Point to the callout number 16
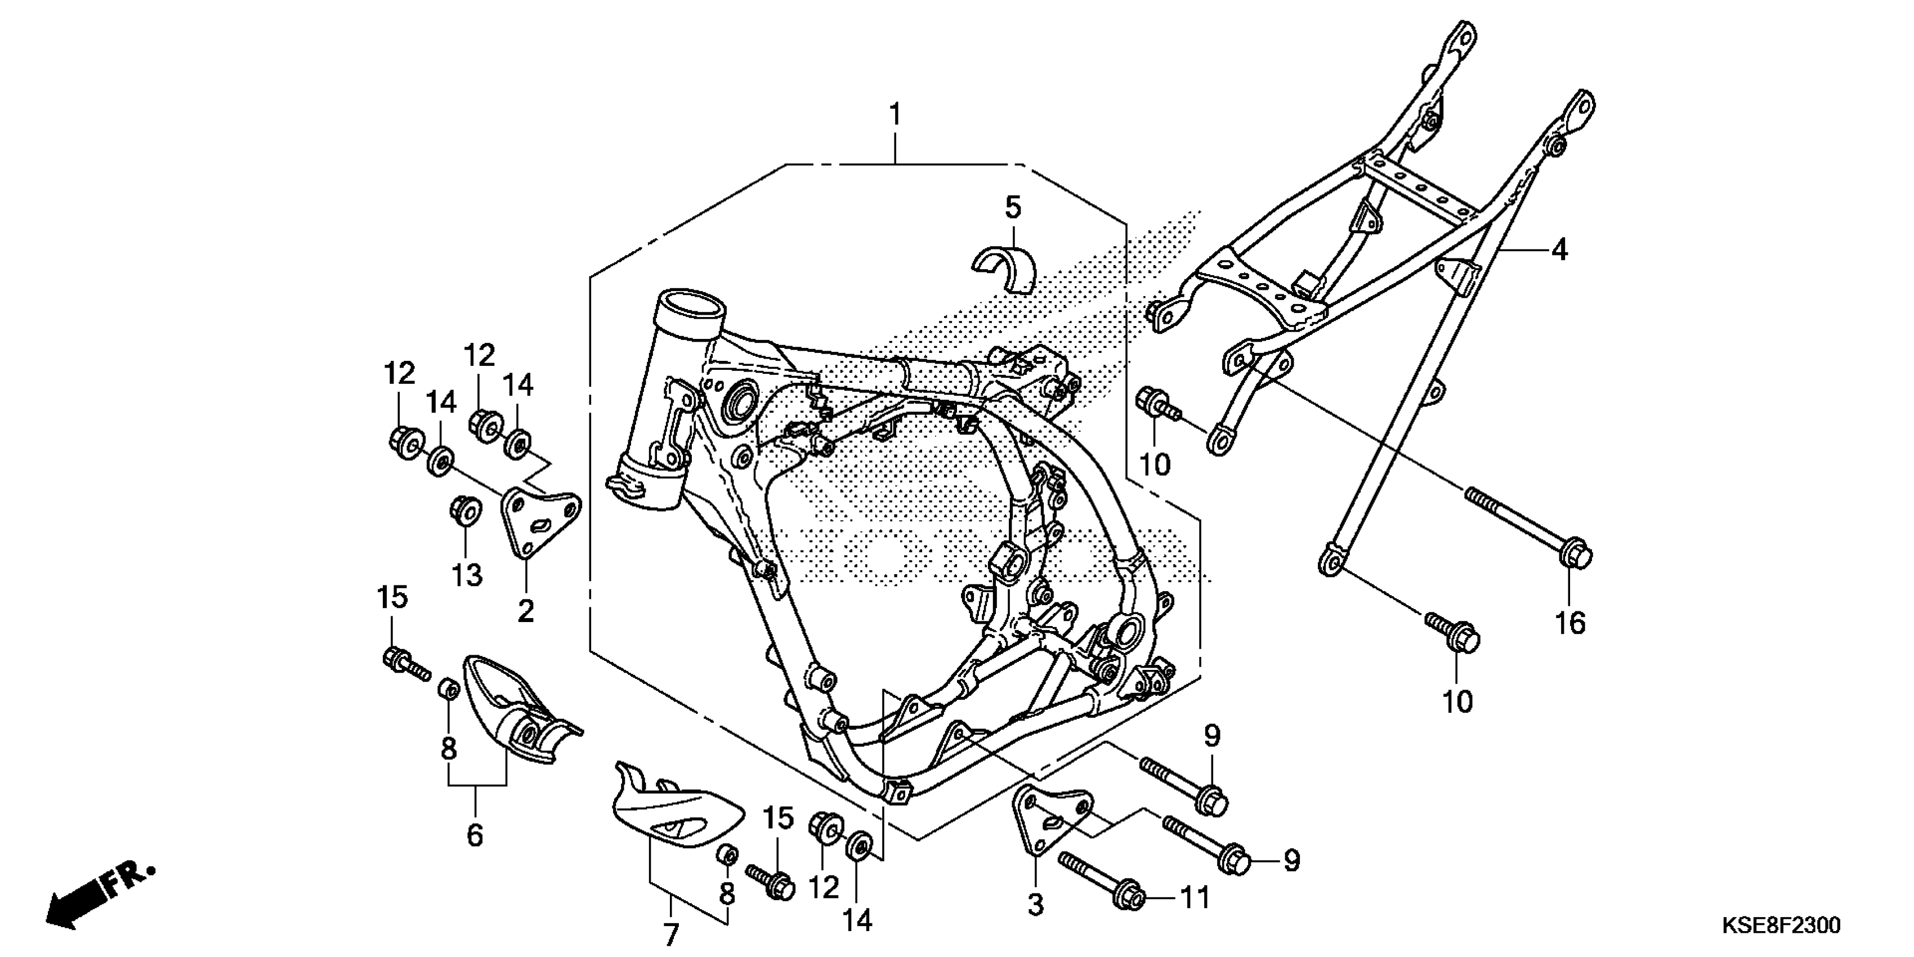click(1570, 623)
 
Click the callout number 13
click(467, 574)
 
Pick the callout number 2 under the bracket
click(525, 611)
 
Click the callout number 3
click(1035, 905)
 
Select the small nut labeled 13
click(465, 511)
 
